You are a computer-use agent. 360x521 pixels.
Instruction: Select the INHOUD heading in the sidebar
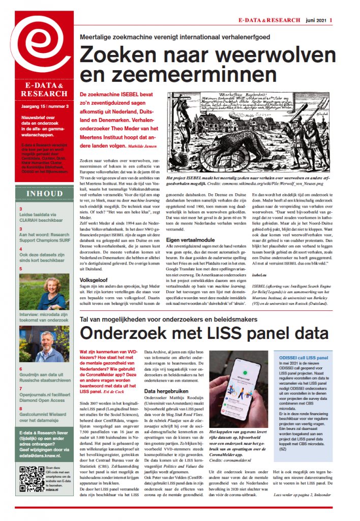point(44,194)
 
